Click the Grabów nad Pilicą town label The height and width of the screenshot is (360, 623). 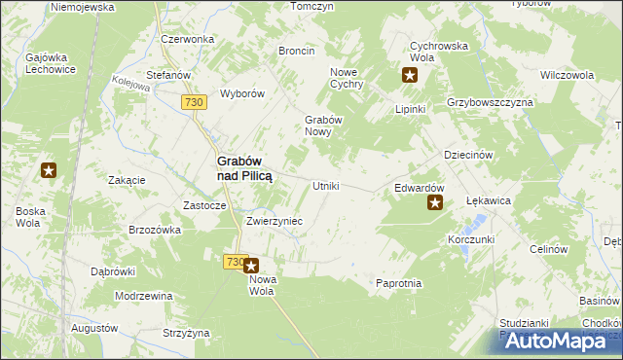click(243, 168)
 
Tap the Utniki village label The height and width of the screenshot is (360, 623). click(325, 186)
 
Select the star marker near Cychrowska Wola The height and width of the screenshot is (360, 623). click(410, 75)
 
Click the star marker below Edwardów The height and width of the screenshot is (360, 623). click(435, 203)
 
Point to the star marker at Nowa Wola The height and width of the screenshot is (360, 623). click(251, 266)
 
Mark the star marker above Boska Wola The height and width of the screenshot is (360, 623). click(49, 171)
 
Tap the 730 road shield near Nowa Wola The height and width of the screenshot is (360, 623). click(234, 262)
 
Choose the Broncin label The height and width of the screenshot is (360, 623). click(296, 51)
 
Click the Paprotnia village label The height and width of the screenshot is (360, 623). click(398, 283)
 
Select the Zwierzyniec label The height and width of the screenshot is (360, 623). click(275, 221)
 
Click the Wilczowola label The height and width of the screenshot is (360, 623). click(568, 74)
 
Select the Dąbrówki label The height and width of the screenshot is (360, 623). click(112, 271)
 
